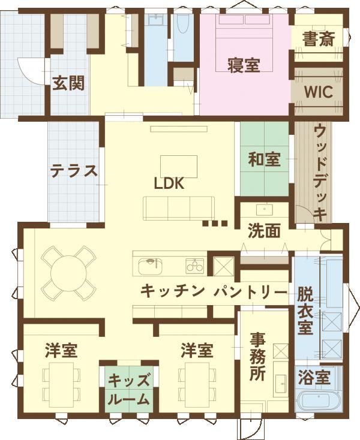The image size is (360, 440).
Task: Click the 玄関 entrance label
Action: click(x=68, y=83)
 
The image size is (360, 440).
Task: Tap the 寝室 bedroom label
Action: click(x=244, y=65)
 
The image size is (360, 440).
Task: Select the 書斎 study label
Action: click(x=318, y=39)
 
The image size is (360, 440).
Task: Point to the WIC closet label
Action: click(x=319, y=92)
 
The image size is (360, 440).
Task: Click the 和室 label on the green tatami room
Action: click(x=264, y=159)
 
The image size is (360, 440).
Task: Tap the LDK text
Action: click(x=169, y=183)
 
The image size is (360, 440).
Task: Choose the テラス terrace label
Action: click(x=74, y=171)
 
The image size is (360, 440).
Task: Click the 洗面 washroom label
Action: click(x=264, y=231)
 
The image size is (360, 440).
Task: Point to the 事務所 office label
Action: click(x=258, y=357)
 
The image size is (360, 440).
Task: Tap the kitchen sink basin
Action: click(x=151, y=266)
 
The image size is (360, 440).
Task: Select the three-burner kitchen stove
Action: click(x=194, y=266)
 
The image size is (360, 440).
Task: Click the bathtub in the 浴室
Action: click(x=319, y=402)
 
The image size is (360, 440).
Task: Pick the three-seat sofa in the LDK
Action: click(x=179, y=208)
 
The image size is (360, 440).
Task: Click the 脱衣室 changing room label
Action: click(x=305, y=311)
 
